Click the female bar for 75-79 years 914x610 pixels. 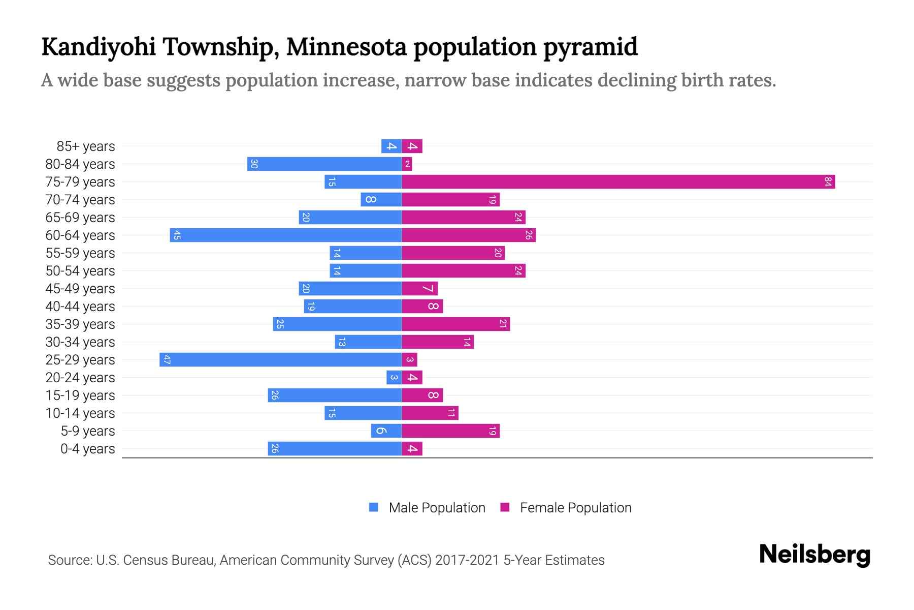(618, 182)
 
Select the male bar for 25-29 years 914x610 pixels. (280, 360)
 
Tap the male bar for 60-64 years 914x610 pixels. (285, 235)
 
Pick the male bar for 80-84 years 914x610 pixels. (324, 164)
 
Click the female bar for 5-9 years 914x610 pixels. (450, 431)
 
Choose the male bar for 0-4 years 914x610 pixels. (335, 449)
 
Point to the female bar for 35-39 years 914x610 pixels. (455, 324)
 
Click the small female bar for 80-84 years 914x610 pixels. (407, 164)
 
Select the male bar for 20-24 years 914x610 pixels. (394, 378)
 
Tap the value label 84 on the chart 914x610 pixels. (828, 182)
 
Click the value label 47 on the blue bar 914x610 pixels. (167, 360)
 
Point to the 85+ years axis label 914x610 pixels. (85, 146)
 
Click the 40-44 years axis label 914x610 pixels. (80, 307)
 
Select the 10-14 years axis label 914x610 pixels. (80, 413)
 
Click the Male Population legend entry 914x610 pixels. (437, 508)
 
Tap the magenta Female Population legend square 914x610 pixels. (505, 507)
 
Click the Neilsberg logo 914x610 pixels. (814, 555)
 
